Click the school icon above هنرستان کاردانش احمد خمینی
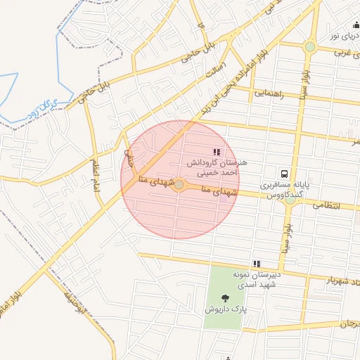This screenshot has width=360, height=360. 216,151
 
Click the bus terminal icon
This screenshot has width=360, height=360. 284,173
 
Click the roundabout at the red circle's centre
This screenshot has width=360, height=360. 179,185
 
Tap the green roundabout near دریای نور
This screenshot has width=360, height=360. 310,47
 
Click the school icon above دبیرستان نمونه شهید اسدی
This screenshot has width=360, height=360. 257,264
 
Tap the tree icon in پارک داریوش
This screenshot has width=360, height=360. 225,298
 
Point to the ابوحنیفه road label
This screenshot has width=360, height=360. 77,309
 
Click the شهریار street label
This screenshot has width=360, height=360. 337,281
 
